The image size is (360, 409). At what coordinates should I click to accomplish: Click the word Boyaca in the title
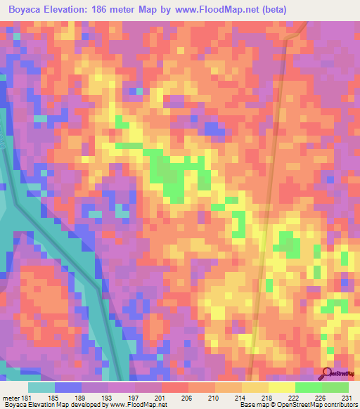click(29, 8)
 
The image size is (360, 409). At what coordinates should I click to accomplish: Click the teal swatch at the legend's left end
click(41, 387)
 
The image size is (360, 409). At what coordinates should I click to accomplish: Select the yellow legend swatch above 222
click(281, 387)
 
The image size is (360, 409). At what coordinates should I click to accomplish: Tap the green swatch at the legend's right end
click(335, 387)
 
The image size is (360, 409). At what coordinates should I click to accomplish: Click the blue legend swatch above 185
click(67, 387)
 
